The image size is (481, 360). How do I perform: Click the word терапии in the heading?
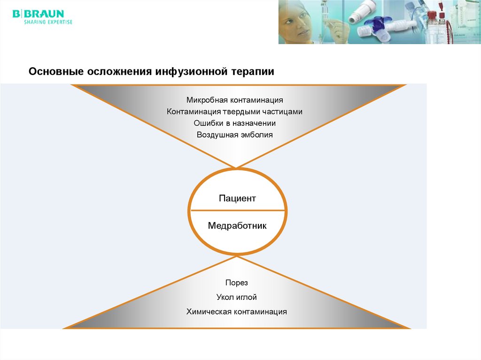point(252,72)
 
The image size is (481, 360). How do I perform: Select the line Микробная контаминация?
point(234,100)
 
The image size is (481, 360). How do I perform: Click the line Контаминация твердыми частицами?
point(234,112)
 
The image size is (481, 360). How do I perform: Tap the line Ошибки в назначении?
point(234,123)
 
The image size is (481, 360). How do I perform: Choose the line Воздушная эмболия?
point(234,135)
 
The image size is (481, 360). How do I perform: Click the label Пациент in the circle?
point(237,199)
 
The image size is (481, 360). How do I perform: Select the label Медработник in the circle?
point(237,226)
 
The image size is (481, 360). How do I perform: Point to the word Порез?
point(236,283)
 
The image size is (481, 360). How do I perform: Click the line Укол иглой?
point(236,297)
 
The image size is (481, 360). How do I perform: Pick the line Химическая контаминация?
point(236,312)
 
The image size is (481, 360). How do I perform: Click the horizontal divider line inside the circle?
point(237,211)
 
